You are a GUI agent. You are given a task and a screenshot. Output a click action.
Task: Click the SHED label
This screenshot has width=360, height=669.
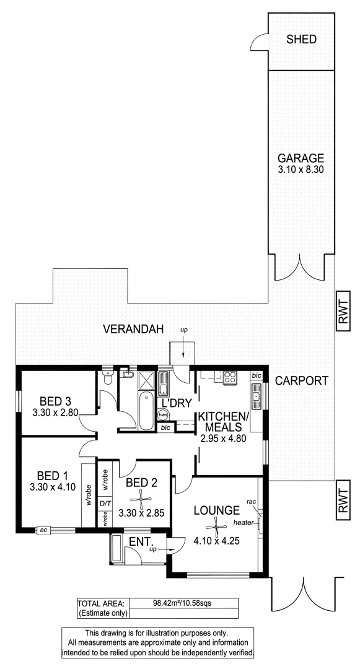click(x=301, y=40)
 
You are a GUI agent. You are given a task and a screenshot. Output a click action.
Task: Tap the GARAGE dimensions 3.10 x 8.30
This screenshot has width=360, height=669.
click(x=301, y=168)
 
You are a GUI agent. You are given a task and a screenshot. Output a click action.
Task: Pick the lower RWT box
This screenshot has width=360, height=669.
click(x=343, y=499)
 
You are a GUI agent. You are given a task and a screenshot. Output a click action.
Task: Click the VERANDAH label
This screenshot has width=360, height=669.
click(x=129, y=328)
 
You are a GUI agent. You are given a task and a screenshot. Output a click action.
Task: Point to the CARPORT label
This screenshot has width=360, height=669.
click(x=301, y=381)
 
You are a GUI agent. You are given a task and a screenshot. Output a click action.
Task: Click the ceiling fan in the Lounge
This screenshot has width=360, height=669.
click(x=216, y=527)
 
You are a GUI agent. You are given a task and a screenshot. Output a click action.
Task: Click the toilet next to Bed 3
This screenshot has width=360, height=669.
click(x=108, y=379)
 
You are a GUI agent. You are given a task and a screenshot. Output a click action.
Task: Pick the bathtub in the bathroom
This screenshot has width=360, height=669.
click(x=146, y=411)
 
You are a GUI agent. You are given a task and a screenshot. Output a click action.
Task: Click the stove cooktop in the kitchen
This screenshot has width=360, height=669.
click(x=230, y=377)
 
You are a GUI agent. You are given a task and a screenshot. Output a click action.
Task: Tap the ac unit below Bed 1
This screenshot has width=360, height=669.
click(x=43, y=530)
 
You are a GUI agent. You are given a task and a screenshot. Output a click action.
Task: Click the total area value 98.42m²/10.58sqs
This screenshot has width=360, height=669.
click(x=182, y=602)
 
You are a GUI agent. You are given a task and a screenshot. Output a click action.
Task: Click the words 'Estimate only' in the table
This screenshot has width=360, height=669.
click(x=102, y=613)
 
